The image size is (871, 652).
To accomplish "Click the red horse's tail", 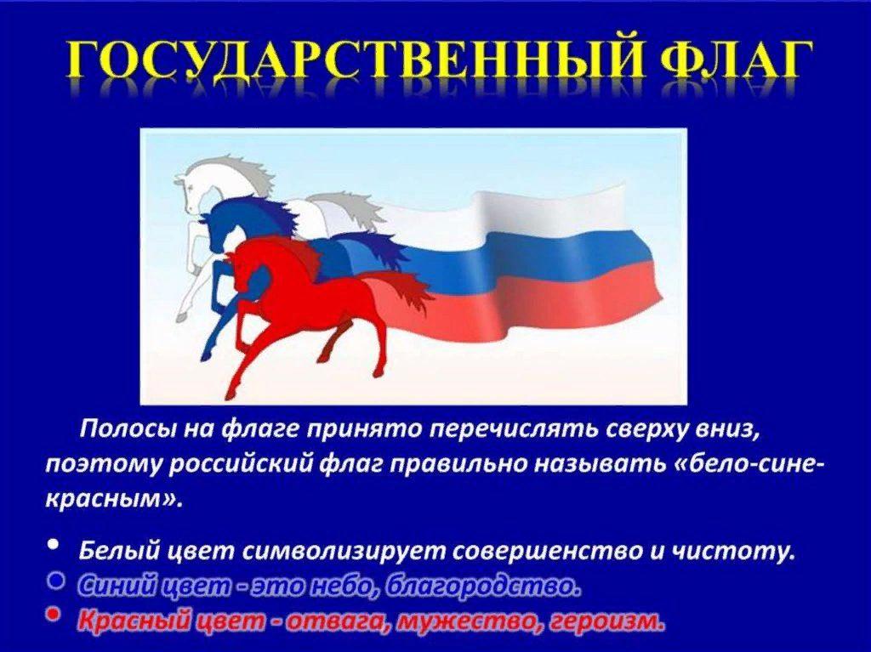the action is (408, 292).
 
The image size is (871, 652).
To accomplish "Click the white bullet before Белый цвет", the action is (54, 546).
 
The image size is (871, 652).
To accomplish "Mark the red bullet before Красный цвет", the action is (54, 614).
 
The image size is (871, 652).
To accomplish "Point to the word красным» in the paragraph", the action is (113, 499).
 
